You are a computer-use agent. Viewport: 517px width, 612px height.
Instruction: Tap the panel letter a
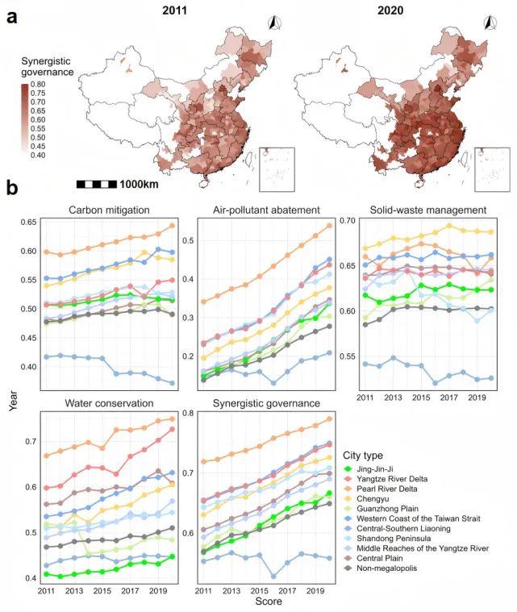tap(13, 17)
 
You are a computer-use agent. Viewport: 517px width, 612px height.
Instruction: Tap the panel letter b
tap(13, 189)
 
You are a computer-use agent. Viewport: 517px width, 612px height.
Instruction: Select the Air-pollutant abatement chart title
tap(267, 210)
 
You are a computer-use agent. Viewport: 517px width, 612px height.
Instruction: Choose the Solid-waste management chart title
tap(428, 210)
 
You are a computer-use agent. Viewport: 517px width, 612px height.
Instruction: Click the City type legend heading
tap(367, 456)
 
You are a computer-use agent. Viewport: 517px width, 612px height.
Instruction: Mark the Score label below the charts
tap(268, 602)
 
